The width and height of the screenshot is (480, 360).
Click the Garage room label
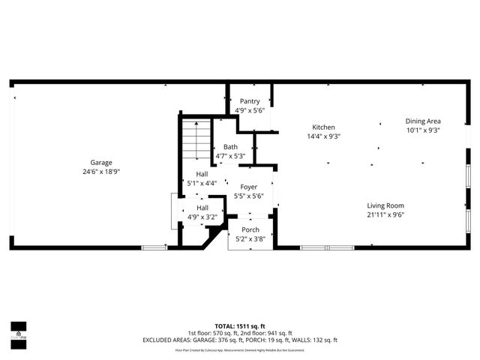(x=101, y=163)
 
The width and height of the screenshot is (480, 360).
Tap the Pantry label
(x=250, y=101)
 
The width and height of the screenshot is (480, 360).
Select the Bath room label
(x=230, y=147)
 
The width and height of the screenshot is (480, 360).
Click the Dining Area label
(x=423, y=121)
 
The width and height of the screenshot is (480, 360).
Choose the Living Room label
(x=385, y=205)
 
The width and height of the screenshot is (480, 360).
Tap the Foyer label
(x=248, y=187)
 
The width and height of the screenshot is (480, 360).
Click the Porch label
(x=250, y=229)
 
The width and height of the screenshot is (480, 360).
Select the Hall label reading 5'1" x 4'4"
(x=202, y=174)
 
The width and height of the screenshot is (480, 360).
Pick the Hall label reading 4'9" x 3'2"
(x=202, y=208)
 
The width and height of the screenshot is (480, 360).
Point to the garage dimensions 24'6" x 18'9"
(x=101, y=172)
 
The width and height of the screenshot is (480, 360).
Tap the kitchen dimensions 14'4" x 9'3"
(x=324, y=136)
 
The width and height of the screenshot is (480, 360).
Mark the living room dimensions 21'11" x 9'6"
(x=385, y=214)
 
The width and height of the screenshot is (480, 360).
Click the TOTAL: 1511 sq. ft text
(x=240, y=325)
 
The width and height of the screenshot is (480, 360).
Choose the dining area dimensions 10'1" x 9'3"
(x=423, y=130)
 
